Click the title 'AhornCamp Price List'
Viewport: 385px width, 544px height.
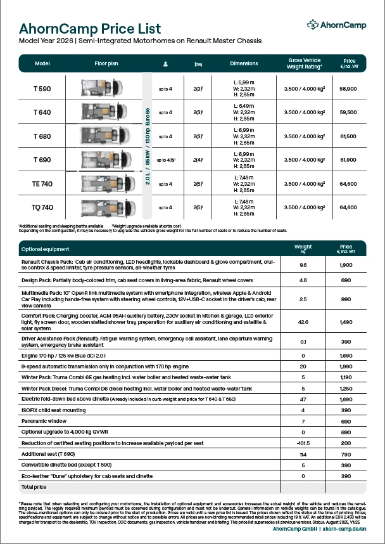pos(90,29)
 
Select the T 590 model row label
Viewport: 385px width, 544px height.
pos(42,89)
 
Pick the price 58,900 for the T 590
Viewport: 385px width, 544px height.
pos(348,89)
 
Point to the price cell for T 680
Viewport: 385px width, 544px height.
pos(348,136)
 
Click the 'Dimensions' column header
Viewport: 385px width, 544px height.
pos(244,64)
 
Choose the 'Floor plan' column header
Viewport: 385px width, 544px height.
pos(106,64)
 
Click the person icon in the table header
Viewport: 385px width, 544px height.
pos(165,64)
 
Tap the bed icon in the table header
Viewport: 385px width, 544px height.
pos(198,64)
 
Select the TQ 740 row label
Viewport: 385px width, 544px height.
pos(42,207)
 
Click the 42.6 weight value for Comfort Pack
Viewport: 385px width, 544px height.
pos(303,322)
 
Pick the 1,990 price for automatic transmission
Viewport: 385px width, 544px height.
pos(346,366)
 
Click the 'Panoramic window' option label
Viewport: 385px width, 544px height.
pos(44,420)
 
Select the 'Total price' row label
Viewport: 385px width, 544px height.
pos(34,486)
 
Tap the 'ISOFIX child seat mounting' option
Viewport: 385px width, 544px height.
pos(54,410)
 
